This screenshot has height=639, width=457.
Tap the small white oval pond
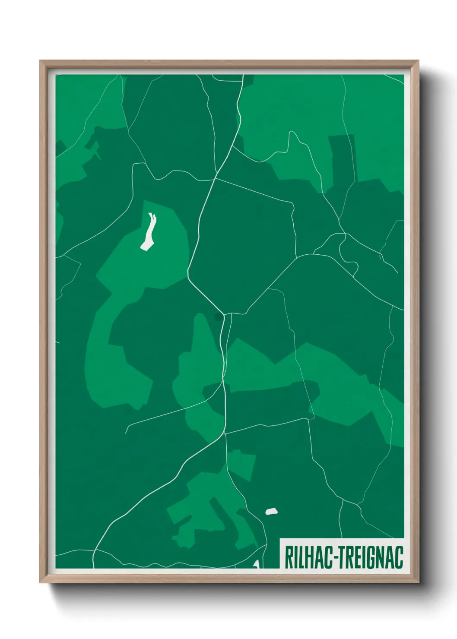coord(271,512)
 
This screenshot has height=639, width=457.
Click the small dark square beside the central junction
coord(218,318)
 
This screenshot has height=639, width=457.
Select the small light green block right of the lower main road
coord(241,465)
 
